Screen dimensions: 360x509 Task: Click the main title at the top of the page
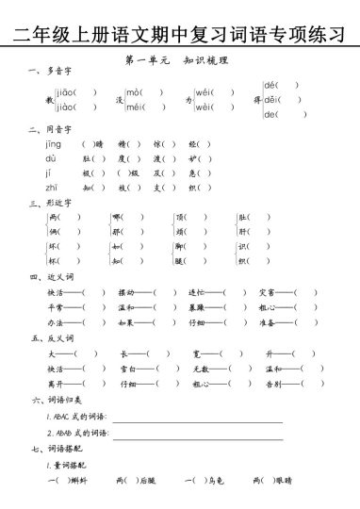179,37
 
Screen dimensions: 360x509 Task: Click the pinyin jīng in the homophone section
54,144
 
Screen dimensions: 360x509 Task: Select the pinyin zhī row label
52,189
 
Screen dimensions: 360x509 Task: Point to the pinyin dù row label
51,158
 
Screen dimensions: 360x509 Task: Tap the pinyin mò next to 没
134,92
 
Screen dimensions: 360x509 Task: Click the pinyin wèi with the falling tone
204,107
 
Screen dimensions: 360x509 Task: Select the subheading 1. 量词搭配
67,465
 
